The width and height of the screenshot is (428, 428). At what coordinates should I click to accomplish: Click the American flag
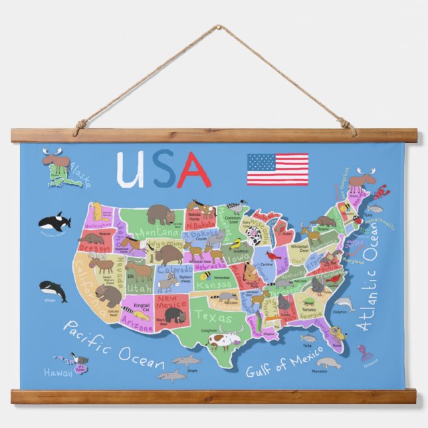coord(278,169)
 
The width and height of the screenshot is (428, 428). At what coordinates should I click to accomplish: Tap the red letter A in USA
coord(194,171)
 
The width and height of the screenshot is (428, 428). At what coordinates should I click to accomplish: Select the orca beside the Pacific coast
coord(54,221)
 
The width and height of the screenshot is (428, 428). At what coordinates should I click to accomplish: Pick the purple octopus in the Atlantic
coord(364,352)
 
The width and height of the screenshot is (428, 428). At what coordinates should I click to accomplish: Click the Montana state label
coord(161,232)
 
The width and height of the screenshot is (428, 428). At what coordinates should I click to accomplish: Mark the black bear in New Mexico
coord(173,314)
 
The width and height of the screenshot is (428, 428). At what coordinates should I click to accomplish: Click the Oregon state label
coord(94,248)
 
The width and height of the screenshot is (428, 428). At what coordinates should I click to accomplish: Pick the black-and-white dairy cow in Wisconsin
coord(254,235)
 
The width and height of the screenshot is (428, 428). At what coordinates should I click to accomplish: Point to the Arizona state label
coord(137,327)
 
